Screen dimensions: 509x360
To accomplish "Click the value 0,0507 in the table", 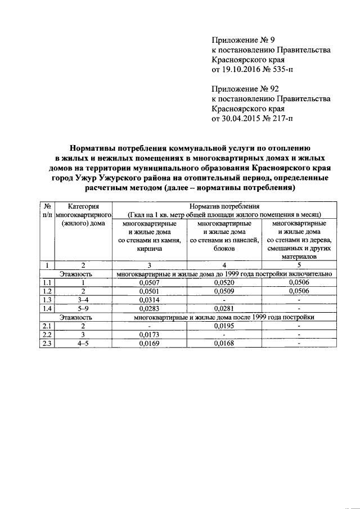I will click(149, 282).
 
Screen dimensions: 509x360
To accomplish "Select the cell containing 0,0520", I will click(224, 282).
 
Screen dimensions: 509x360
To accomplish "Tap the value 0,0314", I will click(149, 300).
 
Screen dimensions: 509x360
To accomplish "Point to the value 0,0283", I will click(149, 308).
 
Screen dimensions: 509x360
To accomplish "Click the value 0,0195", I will click(224, 326).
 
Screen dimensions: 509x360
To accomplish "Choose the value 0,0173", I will click(149, 335).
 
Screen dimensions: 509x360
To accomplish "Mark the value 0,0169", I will click(149, 343).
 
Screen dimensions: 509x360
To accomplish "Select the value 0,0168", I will click(224, 343).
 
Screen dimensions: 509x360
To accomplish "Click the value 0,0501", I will click(149, 291).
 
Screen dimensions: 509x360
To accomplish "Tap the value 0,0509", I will click(224, 291).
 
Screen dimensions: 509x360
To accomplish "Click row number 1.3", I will click(48, 300).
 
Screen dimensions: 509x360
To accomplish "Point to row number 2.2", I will click(48, 335).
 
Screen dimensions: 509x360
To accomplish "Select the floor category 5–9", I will click(83, 308).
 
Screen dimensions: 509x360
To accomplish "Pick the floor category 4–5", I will click(83, 343).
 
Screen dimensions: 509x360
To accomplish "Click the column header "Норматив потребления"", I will click(224, 206).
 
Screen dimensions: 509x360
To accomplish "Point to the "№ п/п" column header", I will click(48, 211).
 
